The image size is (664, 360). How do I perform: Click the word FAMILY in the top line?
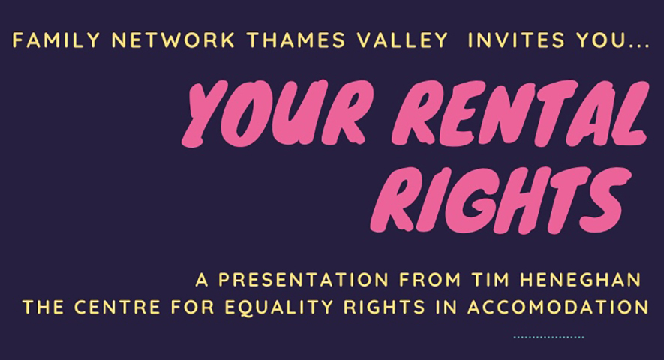point(56,40)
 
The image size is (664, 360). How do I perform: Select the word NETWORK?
point(173,40)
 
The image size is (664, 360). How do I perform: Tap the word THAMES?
point(296,40)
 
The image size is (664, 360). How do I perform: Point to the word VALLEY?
point(402,40)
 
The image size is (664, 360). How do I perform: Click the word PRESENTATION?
point(304,280)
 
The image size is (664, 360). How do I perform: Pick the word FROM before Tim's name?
point(430,280)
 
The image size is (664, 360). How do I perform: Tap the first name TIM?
point(491,280)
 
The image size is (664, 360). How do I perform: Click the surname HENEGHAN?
point(581,280)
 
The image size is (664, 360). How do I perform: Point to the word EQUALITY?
point(279,307)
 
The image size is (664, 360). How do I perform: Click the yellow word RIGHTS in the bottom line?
point(384,307)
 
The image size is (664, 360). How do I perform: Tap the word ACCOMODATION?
point(558,307)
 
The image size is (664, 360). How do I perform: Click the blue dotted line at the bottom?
point(548,337)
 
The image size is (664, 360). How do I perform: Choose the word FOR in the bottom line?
point(193,307)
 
